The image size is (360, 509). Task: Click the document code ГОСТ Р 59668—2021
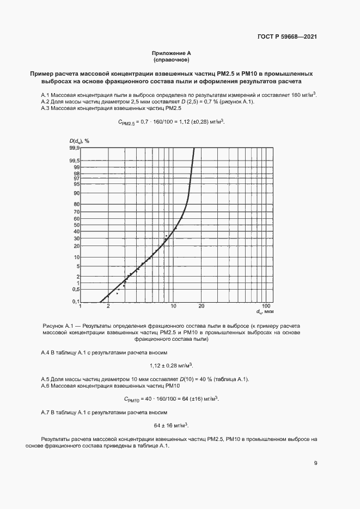tap(287, 37)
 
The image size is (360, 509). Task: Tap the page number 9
tap(315, 463)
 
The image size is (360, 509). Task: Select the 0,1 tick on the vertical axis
tap(76, 302)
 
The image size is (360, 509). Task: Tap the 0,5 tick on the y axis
tap(76, 289)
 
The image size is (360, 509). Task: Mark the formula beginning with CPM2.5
tap(171, 122)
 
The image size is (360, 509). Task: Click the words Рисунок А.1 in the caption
tap(58, 326)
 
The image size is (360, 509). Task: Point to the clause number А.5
tap(46, 379)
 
